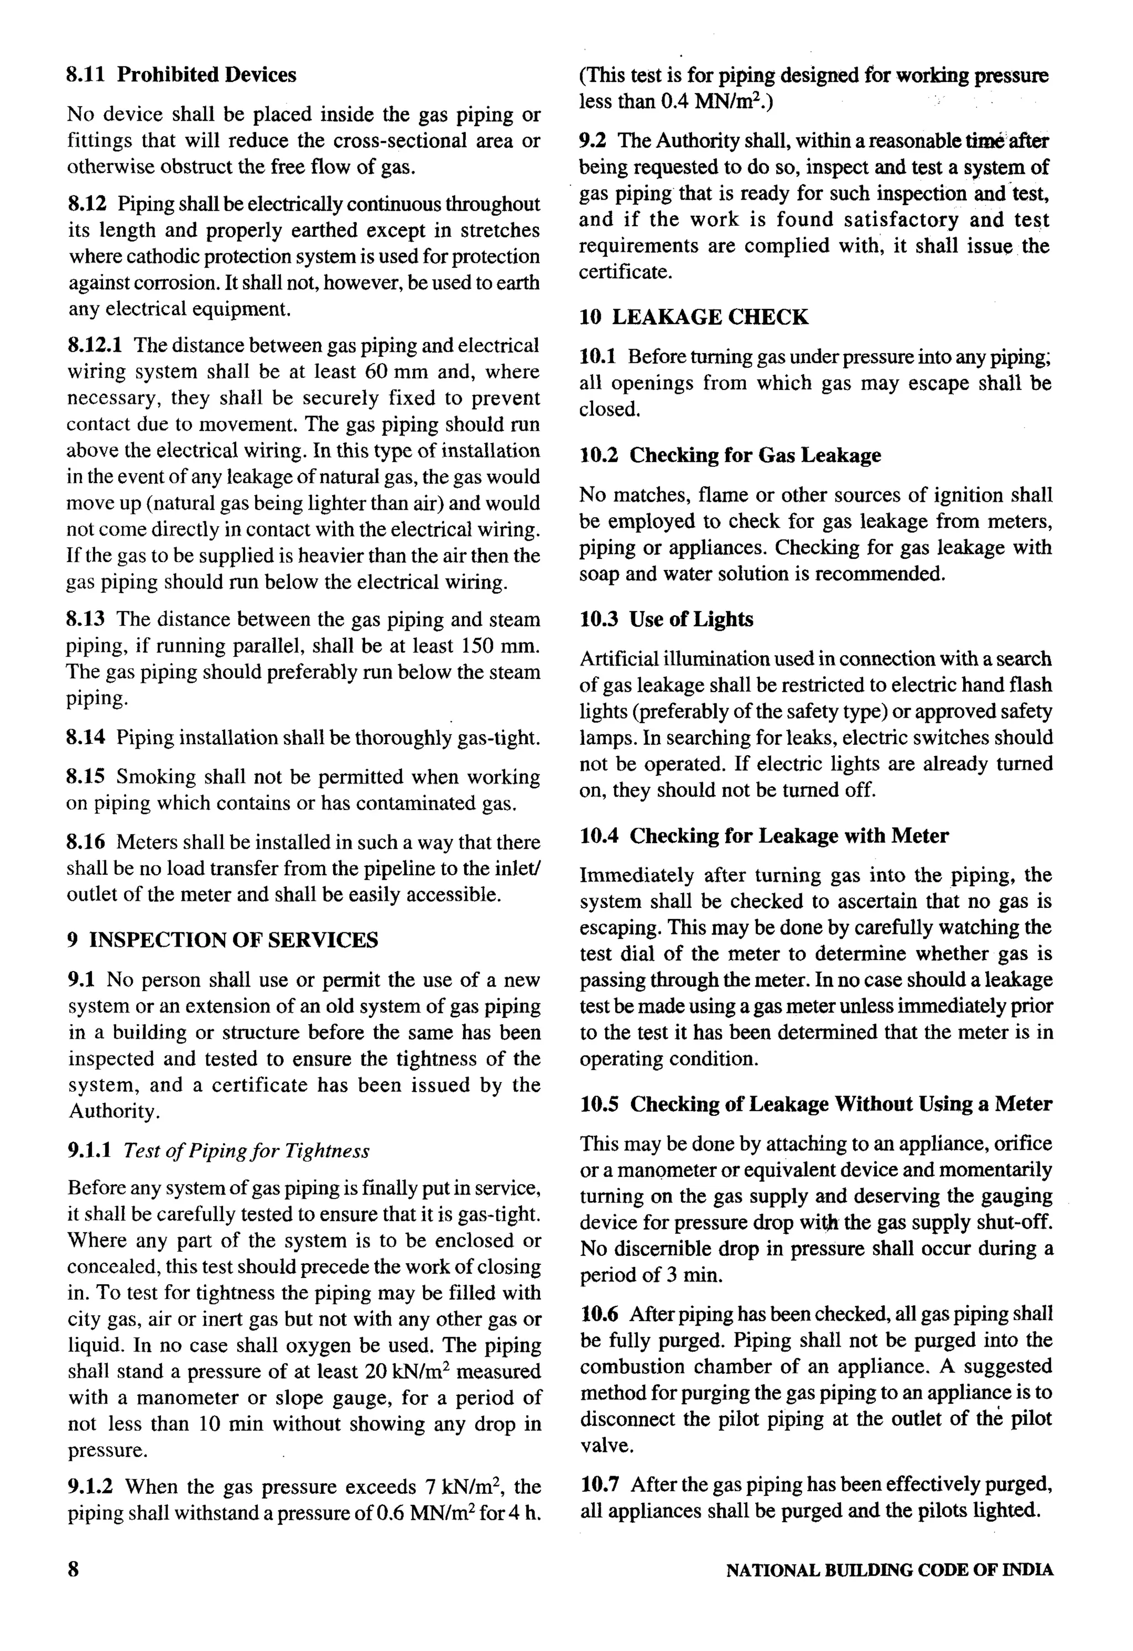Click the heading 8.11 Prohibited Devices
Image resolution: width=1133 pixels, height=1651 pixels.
click(181, 75)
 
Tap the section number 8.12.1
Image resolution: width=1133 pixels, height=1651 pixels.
click(95, 345)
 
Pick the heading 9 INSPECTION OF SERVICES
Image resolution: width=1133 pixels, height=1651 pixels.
click(222, 940)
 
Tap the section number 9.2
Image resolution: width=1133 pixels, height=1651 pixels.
click(592, 140)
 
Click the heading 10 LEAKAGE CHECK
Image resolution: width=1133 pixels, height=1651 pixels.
click(693, 317)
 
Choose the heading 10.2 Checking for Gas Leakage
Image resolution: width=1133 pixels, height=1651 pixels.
click(730, 455)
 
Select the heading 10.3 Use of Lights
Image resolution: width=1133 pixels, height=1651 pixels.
click(666, 620)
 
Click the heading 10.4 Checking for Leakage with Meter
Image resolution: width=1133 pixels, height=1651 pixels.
click(763, 835)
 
